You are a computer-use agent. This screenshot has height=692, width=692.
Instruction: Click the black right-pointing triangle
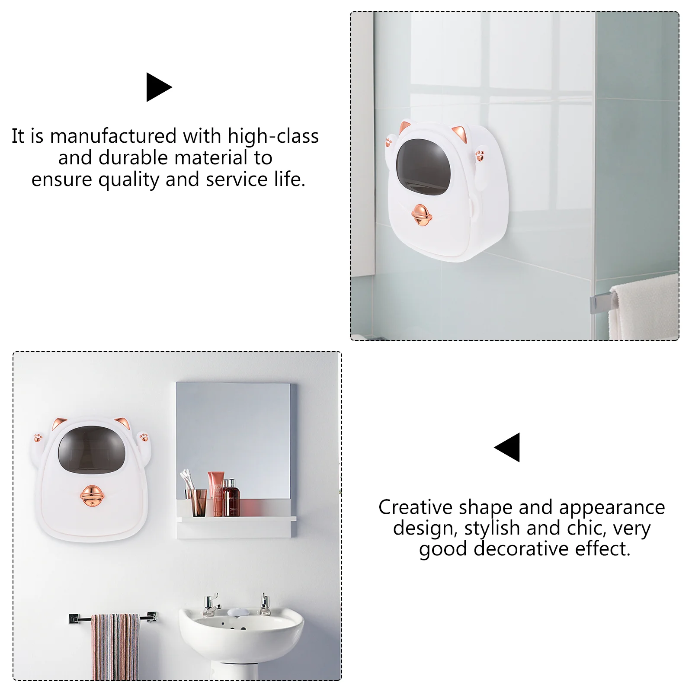[158, 87]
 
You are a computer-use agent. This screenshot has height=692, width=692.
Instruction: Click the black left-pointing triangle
[508, 447]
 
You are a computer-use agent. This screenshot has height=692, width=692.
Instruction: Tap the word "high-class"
[273, 136]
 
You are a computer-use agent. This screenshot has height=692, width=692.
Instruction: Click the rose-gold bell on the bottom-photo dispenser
[92, 495]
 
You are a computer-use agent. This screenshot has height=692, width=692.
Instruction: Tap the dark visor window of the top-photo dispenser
[423, 167]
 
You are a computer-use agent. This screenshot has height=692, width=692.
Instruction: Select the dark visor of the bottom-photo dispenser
[92, 449]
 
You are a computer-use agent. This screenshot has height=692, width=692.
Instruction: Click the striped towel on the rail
[115, 647]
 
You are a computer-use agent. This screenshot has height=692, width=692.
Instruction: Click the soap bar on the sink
[238, 612]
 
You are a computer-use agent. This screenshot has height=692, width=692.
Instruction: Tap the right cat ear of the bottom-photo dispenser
[122, 423]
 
